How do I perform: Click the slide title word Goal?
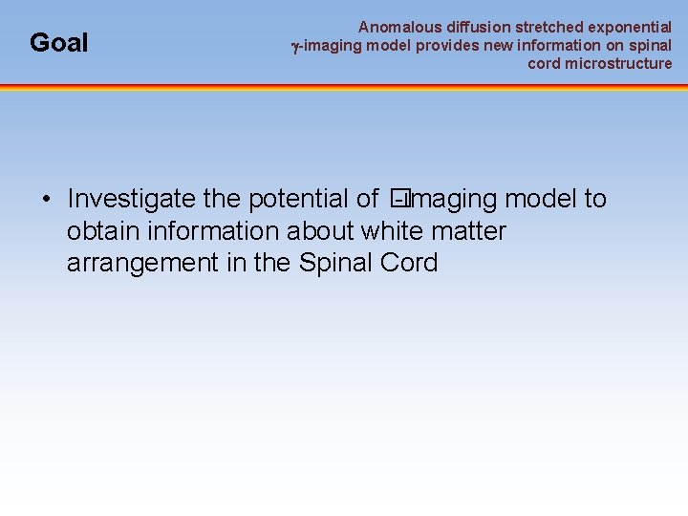pyautogui.click(x=58, y=43)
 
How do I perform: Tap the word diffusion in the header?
pyautogui.click(x=478, y=28)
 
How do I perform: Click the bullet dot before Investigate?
pyautogui.click(x=46, y=199)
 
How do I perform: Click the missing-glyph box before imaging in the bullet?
pyautogui.click(x=398, y=199)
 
